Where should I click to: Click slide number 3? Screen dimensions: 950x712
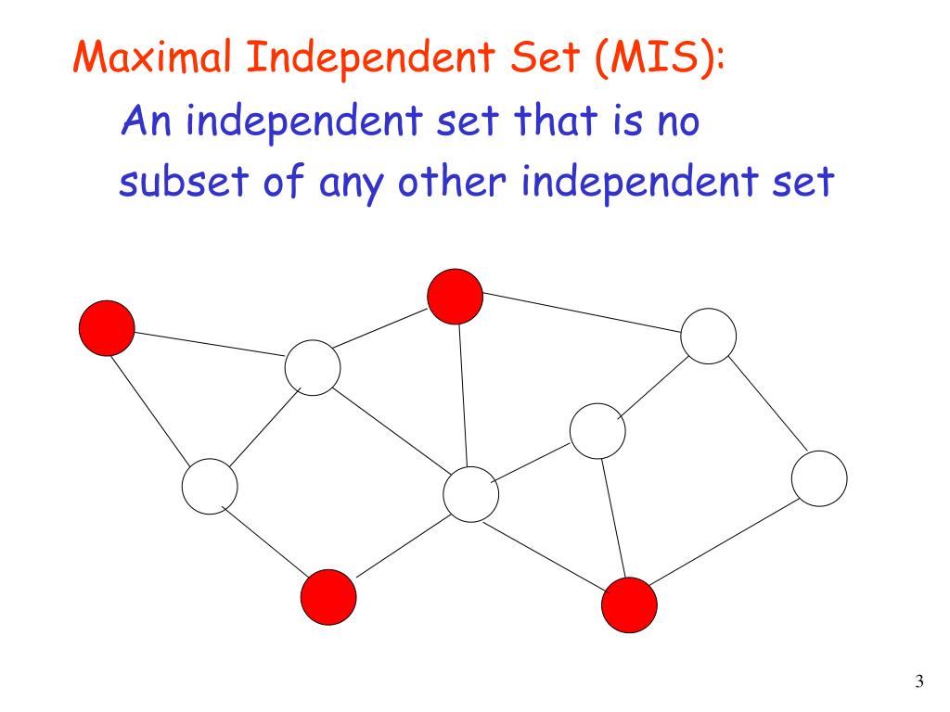(x=918, y=683)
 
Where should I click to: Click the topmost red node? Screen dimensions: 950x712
(x=455, y=295)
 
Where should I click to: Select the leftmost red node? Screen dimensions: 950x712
(x=106, y=327)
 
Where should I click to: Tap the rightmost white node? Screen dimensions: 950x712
(x=819, y=478)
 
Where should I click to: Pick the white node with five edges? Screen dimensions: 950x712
(x=471, y=493)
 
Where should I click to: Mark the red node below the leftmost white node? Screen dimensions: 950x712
(x=328, y=598)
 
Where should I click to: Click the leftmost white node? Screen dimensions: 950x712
(x=209, y=486)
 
